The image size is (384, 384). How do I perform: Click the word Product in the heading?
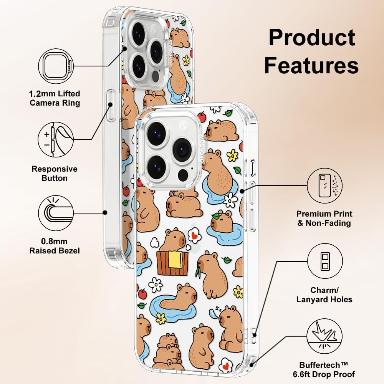tap(312, 38)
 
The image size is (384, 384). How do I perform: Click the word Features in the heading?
tap(311, 65)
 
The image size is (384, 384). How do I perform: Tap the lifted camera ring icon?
tap(56, 66)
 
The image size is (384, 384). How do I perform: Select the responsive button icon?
tap(56, 140)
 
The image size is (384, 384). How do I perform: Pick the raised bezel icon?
tap(56, 213)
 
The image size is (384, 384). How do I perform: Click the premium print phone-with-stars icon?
tap(325, 185)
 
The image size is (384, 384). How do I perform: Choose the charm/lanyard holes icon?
tap(325, 261)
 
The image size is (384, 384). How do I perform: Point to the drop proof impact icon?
tap(325, 336)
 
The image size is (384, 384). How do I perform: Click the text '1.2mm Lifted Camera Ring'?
tap(55, 98)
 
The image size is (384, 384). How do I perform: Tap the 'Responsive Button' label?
tap(55, 174)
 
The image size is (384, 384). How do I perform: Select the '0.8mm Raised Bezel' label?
tap(55, 246)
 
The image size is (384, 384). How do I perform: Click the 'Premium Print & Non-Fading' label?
tap(324, 218)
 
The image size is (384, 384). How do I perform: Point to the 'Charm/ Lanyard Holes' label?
tap(324, 295)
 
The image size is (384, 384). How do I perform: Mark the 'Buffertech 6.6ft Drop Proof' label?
tap(324, 370)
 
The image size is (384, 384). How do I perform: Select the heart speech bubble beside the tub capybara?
tap(195, 235)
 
